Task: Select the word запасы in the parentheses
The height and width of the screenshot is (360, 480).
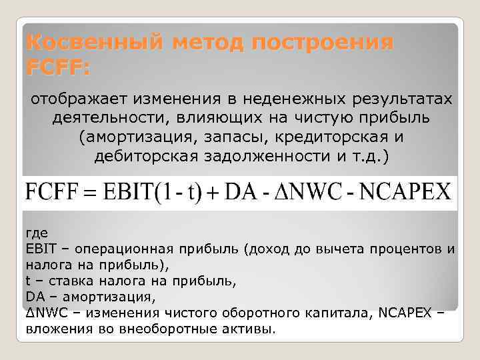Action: click(211, 137)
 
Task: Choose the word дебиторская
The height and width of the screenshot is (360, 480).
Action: click(149, 155)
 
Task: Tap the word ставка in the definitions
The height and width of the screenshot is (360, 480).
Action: click(61, 281)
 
